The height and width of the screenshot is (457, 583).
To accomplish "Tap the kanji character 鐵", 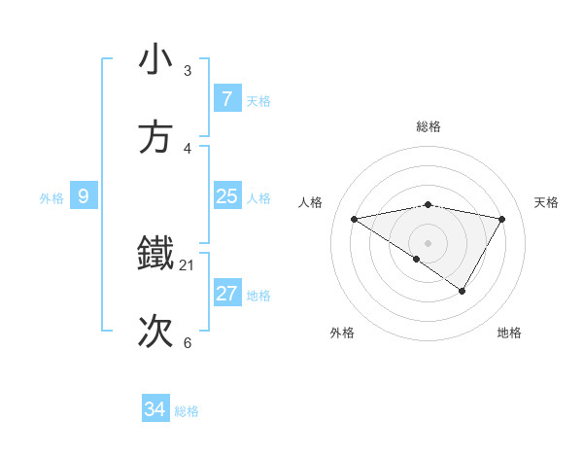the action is pos(155,254).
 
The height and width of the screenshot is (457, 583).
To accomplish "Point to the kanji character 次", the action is pos(155,332).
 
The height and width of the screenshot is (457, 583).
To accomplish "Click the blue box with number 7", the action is pos(227,99).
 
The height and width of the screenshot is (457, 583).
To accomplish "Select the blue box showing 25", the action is pos(227,197).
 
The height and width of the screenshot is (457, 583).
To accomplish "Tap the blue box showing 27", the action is pos(227,294).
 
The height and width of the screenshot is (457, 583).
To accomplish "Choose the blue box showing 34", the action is pos(155,409).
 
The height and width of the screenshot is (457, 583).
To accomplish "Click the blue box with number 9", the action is pos(84,197).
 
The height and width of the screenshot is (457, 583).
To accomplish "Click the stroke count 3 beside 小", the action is pos(188,71).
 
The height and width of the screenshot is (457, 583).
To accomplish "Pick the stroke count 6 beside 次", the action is pos(188,343).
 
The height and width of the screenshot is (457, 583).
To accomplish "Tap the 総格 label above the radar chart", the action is pos(429,126).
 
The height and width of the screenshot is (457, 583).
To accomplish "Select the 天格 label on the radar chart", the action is pos(547,202).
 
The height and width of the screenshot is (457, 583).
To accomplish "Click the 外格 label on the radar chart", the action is pos(342,333).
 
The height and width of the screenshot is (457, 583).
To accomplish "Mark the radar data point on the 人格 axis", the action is pos(355,219).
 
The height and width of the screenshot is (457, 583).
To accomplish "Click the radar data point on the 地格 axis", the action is pos(463,291).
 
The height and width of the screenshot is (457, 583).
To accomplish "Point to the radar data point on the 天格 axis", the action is pos(502,219).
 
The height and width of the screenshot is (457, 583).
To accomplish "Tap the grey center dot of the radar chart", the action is pos(429,242).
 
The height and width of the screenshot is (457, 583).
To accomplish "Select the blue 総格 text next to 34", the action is pos(187,411).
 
